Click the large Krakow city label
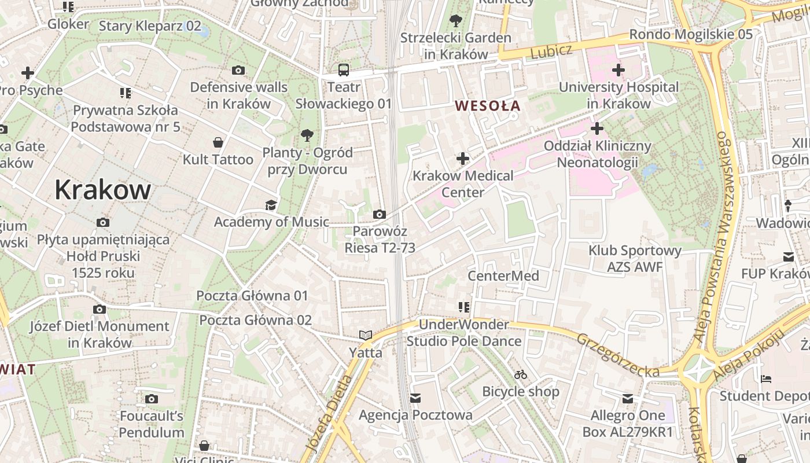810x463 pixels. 102,190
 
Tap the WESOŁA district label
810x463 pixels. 488,106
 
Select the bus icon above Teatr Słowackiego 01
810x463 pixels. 344,71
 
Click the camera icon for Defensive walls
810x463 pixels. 238,71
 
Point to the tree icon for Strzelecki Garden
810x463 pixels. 456,21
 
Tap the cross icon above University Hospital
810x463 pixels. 618,71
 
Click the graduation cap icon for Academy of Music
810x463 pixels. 270,205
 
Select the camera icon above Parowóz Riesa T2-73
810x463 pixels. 380,215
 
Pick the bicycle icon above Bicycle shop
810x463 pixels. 521,375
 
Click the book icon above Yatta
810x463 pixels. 365,335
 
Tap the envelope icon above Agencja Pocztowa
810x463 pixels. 415,398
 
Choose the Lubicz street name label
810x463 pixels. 551,52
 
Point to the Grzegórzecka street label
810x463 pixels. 617,354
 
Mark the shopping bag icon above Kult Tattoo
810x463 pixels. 218,142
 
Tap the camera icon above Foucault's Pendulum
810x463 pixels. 152,399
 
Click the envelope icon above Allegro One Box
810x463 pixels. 628,398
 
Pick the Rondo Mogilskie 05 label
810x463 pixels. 691,34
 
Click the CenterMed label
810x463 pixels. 503,276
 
